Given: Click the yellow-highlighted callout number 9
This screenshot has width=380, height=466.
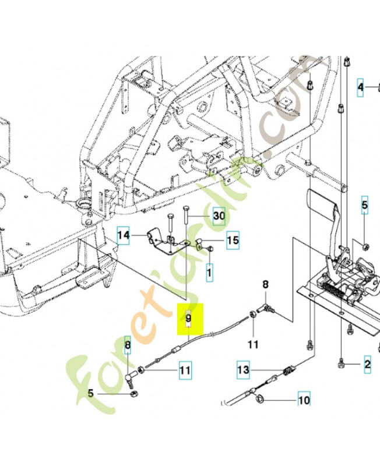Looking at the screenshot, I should coord(188,319).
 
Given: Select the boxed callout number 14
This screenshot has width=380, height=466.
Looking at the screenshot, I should coord(124,235).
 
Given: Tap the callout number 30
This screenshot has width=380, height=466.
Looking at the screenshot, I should coord(219,216).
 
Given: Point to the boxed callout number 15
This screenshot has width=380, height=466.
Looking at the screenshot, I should coord(233,240).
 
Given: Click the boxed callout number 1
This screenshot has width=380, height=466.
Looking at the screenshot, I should coord(210,270).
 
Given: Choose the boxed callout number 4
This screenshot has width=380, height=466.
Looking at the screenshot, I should coord(361,87).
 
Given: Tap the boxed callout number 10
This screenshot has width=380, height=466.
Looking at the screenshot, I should coord(304,400).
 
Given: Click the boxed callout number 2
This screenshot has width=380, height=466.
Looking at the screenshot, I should coord(367,365).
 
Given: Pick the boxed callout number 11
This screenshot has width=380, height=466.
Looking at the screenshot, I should coord(184,369).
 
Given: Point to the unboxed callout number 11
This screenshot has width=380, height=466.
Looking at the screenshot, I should coord(252,345).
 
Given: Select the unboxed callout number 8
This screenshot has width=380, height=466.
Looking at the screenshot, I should coord(266,285).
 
